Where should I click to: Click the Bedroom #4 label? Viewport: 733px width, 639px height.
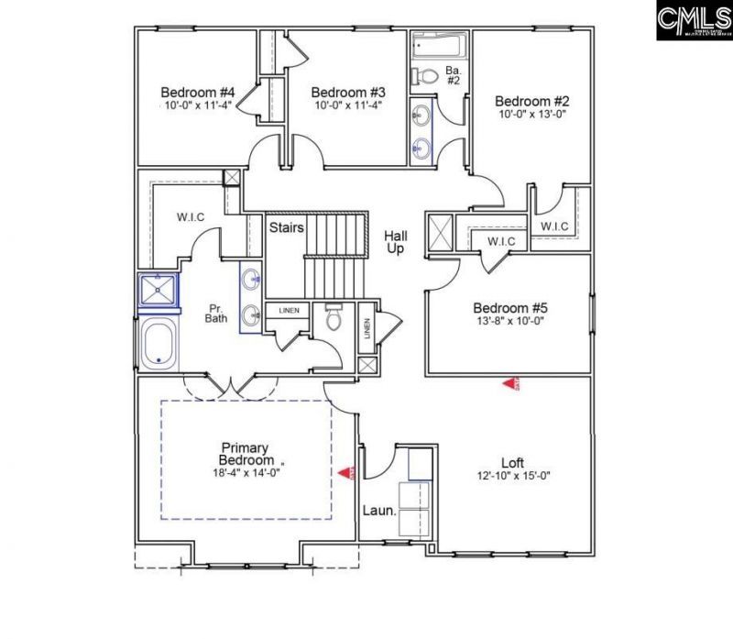point(198,93)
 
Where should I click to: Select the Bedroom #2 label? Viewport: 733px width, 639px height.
point(532,101)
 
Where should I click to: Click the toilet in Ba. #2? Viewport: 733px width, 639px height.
point(423,76)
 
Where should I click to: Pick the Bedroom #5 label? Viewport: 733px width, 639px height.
point(509,308)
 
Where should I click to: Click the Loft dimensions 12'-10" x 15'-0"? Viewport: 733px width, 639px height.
point(513,476)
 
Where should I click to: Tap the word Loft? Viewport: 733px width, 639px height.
point(512,462)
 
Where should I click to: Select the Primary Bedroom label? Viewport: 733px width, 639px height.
point(246,453)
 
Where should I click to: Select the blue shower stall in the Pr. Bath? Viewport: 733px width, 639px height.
point(158,291)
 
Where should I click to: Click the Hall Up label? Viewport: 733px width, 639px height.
point(396,242)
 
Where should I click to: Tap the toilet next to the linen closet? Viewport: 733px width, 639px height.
point(333,318)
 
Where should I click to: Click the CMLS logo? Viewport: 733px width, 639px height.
point(693,20)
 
